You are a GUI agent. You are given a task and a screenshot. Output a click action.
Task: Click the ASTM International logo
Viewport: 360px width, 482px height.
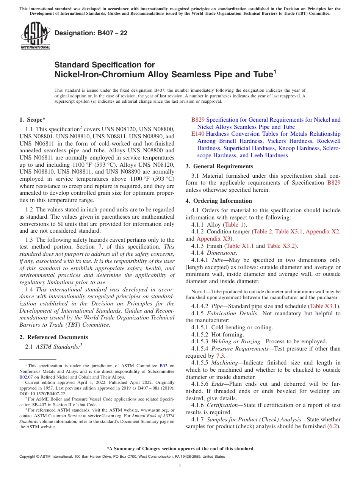(35, 36)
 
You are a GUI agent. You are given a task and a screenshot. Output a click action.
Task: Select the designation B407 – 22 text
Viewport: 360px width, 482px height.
(91, 33)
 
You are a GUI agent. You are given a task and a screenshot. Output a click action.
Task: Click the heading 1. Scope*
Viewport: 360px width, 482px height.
(33, 120)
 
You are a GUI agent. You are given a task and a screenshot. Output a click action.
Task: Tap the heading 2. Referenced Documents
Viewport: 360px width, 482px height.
(53, 337)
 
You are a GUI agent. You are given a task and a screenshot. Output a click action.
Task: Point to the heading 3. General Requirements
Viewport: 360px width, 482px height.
(219, 166)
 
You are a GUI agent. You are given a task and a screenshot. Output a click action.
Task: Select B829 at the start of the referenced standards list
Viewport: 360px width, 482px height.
(197, 120)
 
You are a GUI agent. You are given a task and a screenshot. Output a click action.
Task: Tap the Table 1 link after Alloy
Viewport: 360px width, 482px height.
(235, 224)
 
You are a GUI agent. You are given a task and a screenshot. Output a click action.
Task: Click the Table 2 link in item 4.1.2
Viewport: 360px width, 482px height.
(262, 232)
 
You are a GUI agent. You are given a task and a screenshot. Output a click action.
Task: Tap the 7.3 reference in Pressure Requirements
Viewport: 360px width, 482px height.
(220, 356)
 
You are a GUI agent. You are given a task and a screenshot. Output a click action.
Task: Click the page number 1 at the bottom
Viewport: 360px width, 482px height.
(180, 466)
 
